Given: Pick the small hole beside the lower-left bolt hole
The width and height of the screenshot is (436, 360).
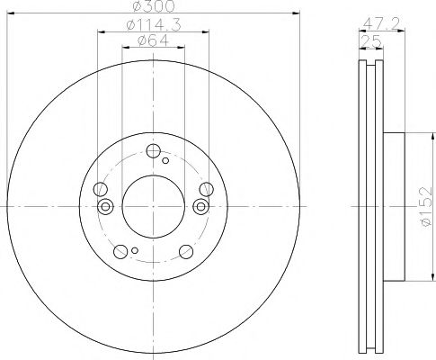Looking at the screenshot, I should [134, 251].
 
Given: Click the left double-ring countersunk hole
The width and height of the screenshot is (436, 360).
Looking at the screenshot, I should [105, 207].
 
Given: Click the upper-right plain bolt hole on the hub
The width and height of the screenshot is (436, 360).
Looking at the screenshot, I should [207, 188].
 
